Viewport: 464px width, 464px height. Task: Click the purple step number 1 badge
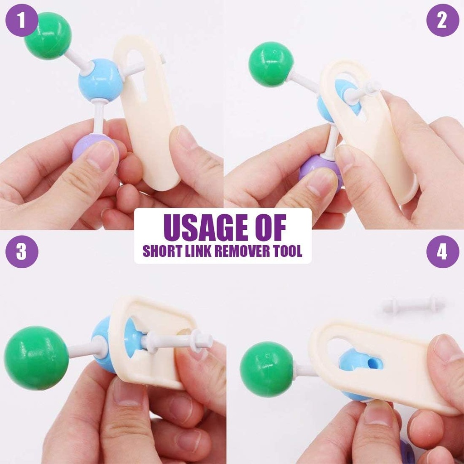pyautogui.click(x=21, y=20)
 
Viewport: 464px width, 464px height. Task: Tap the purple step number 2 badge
pyautogui.click(x=442, y=20)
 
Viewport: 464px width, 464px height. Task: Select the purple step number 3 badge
pyautogui.click(x=21, y=251)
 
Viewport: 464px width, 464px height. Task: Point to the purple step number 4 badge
pyautogui.click(x=442, y=251)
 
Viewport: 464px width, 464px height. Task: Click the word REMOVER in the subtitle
pyautogui.click(x=241, y=251)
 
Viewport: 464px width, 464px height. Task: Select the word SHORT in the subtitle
pyautogui.click(x=159, y=251)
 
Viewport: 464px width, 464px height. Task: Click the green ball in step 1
pyautogui.click(x=48, y=35)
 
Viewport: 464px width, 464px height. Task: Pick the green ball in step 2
pyautogui.click(x=271, y=64)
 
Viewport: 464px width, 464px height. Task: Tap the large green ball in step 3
pyautogui.click(x=36, y=358)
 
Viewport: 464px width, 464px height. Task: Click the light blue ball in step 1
pyautogui.click(x=100, y=82)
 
